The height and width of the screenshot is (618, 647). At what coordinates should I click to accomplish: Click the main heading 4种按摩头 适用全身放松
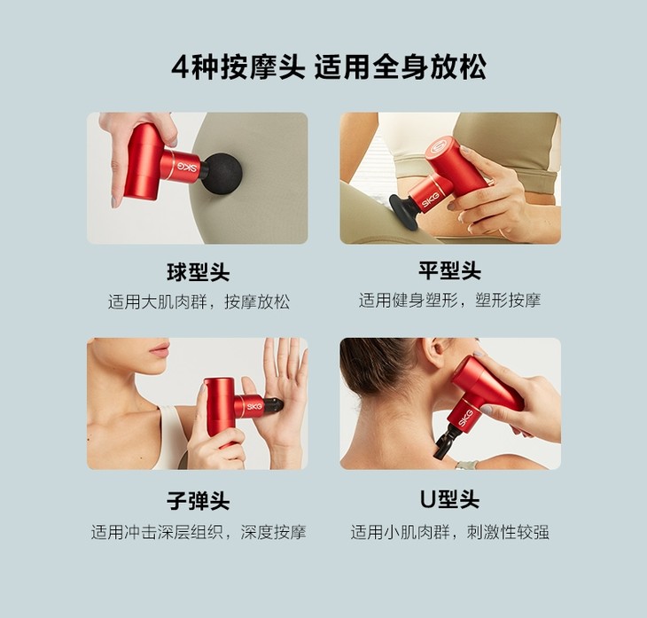coord(329,67)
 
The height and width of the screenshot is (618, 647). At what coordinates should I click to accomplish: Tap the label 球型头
coord(198,272)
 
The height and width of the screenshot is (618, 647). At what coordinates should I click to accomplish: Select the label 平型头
coord(449,271)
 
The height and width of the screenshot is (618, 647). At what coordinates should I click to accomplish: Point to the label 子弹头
coord(198,501)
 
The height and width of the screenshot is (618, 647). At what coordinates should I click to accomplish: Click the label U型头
coord(449,499)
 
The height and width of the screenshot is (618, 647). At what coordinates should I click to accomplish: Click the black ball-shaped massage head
coord(222,174)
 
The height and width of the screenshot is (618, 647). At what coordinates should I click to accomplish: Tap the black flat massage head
coord(404,210)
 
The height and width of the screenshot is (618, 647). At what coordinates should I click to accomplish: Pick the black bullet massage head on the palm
coord(273,405)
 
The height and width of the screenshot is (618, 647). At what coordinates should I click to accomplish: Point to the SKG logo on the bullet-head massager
coord(254,407)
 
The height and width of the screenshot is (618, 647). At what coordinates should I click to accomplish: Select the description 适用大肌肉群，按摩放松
coord(199,302)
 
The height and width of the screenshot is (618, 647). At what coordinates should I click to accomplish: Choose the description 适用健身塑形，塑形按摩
coord(449,301)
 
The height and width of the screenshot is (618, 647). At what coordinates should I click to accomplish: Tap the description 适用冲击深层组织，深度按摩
coord(199,532)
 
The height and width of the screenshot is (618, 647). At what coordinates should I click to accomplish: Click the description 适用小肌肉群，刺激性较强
coord(449,532)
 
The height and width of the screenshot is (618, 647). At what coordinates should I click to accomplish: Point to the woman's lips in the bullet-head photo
coord(160,351)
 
